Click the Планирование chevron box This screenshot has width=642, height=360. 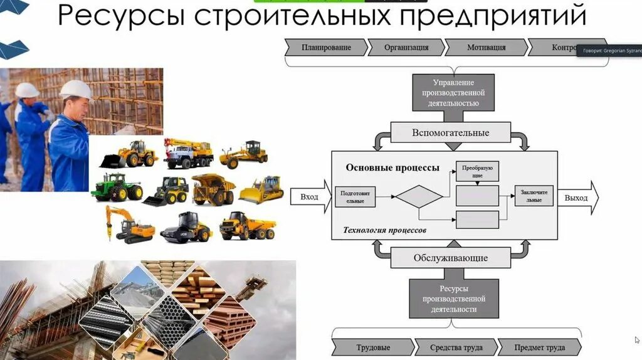pyautogui.click(x=326, y=48)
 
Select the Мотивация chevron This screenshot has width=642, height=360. pyautogui.click(x=486, y=48)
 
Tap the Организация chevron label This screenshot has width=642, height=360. pyautogui.click(x=406, y=48)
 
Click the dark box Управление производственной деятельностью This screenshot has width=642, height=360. pyautogui.click(x=453, y=92)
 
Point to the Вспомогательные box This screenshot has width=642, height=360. pyautogui.click(x=450, y=133)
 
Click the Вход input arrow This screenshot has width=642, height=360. pyautogui.click(x=310, y=198)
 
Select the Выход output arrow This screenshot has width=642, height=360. pyautogui.click(x=577, y=198)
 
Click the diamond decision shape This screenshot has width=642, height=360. pyautogui.click(x=419, y=196)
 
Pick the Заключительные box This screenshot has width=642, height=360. pyautogui.click(x=534, y=195)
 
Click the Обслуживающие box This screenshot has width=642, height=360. pyautogui.click(x=450, y=258)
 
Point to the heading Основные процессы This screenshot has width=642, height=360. pyautogui.click(x=392, y=168)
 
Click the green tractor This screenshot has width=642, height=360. pyautogui.click(x=116, y=187)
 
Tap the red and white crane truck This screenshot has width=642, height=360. pyautogui.click(x=188, y=154)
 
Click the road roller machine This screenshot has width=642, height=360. pyautogui.click(x=186, y=228)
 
